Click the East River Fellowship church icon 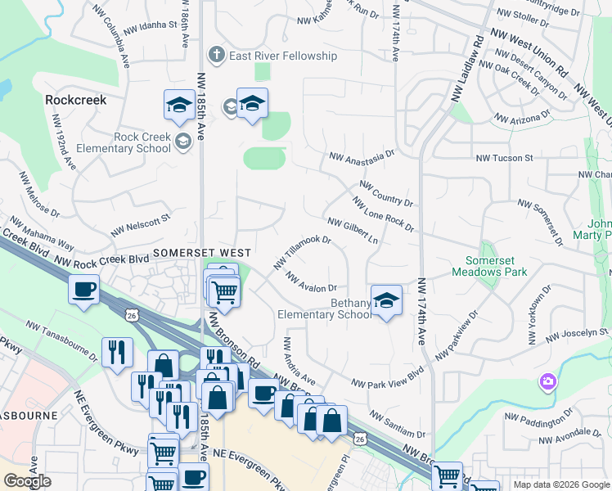(x=216, y=56)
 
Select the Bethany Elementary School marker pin (x=386, y=300)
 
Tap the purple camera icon (x=547, y=381)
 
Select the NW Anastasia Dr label (x=361, y=154)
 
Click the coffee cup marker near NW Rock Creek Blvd (x=85, y=290)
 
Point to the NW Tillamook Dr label (x=302, y=252)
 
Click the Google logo (x=27, y=481)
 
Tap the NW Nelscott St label (x=141, y=225)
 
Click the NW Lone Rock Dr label (x=382, y=214)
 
